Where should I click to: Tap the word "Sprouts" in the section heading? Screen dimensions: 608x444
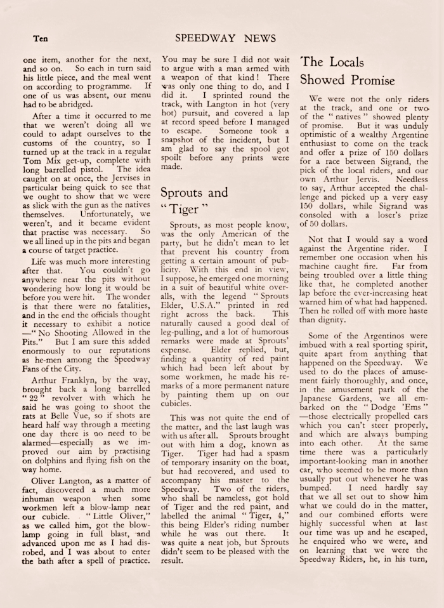[x=182, y=193]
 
